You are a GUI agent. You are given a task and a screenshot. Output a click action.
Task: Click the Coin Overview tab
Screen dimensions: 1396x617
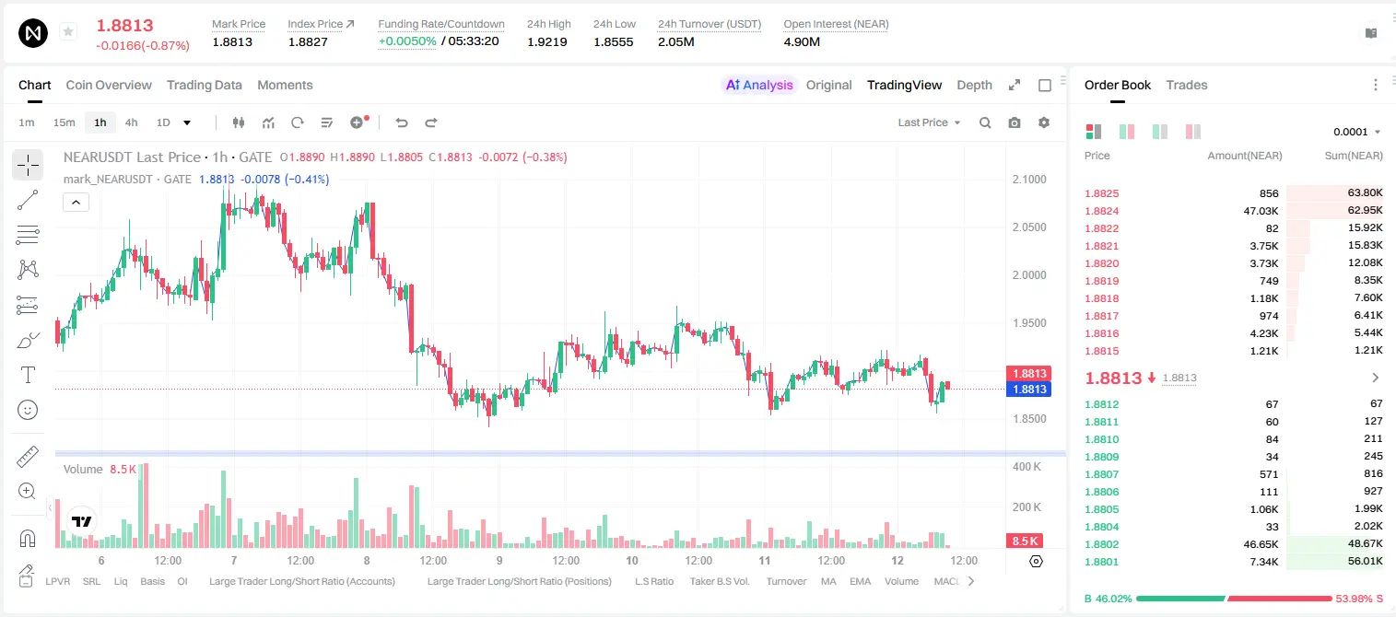pyautogui.click(x=109, y=85)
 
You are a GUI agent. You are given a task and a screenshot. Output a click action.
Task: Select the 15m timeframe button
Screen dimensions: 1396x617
pyautogui.click(x=65, y=122)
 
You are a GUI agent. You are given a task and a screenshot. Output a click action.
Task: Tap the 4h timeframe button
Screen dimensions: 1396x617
pyautogui.click(x=131, y=122)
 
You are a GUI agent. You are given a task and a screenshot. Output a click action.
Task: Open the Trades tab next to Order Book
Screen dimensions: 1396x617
pyautogui.click(x=1187, y=85)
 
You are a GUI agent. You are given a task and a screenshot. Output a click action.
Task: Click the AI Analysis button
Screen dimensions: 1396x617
pyautogui.click(x=759, y=85)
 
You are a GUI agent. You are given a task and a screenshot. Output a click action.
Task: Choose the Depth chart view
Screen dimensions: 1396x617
pyautogui.click(x=974, y=85)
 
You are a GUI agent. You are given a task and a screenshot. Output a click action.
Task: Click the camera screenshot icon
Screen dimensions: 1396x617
pyautogui.click(x=1015, y=122)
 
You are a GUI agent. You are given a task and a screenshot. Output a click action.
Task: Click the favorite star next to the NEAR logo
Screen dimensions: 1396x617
pyautogui.click(x=68, y=31)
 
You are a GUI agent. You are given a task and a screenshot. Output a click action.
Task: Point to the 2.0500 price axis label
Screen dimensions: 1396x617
pyautogui.click(x=1029, y=227)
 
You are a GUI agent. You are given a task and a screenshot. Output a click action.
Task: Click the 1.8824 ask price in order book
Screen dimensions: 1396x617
pyautogui.click(x=1101, y=211)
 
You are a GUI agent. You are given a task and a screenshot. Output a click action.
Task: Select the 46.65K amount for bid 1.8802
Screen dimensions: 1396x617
pyautogui.click(x=1261, y=544)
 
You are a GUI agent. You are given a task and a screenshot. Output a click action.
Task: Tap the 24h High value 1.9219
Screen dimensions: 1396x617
pyautogui.click(x=546, y=41)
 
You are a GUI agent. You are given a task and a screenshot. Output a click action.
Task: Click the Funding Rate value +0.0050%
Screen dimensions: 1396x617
pyautogui.click(x=407, y=41)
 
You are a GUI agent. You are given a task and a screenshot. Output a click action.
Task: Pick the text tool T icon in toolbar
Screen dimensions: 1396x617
pyautogui.click(x=28, y=375)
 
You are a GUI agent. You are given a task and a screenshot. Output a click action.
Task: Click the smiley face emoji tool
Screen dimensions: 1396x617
pyautogui.click(x=28, y=410)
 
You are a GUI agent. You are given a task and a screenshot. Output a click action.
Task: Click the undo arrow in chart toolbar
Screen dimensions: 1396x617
pyautogui.click(x=402, y=122)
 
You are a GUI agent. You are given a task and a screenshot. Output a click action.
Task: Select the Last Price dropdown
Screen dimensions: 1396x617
pyautogui.click(x=929, y=122)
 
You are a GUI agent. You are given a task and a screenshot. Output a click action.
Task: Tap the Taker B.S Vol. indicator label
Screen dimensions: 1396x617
pyautogui.click(x=719, y=581)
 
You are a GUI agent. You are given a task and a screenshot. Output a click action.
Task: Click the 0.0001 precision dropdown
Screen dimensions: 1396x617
pyautogui.click(x=1355, y=132)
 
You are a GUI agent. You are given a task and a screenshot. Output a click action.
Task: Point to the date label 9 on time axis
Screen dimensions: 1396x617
pyautogui.click(x=499, y=560)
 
